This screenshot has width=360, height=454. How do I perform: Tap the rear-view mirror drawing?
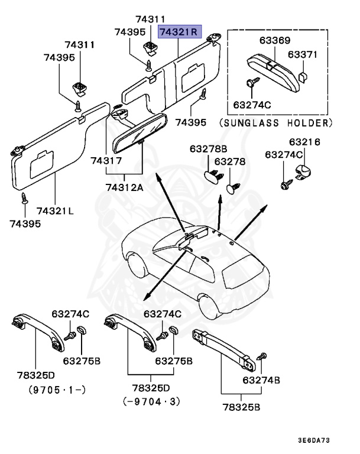141,131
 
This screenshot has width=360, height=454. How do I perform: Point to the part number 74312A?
125,187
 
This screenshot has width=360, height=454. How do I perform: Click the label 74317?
106,161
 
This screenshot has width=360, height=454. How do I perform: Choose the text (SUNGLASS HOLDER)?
275,123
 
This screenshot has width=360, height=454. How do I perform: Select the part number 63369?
274,40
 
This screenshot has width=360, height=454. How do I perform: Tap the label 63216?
304,142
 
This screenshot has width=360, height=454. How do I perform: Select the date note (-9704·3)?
151,401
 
